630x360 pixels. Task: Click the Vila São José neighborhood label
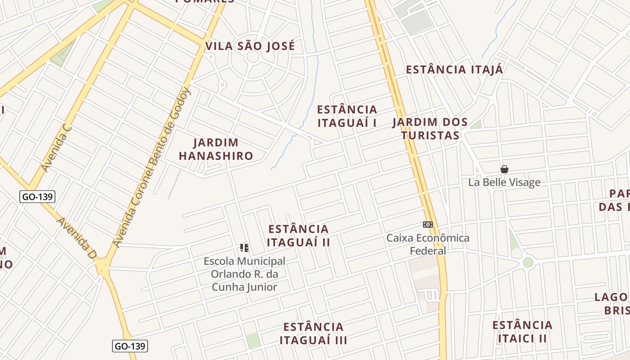point(250,46)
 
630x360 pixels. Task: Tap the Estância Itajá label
point(454,70)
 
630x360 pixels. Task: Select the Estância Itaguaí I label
point(347,116)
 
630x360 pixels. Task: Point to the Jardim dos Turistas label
point(430,129)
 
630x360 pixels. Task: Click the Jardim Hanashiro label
point(216,149)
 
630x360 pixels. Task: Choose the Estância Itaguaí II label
point(298,235)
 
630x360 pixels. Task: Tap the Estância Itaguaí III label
point(313,333)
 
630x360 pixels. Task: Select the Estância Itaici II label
point(522,331)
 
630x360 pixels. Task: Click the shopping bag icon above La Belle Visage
point(504,169)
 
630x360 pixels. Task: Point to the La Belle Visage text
point(504,182)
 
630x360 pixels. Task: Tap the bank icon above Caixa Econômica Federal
point(428,224)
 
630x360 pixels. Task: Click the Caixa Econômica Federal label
point(428,244)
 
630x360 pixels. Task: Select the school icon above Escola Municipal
point(244,247)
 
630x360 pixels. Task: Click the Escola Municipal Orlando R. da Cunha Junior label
point(244,274)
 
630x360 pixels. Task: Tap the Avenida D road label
point(77,238)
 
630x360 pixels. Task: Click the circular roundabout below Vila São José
point(253,57)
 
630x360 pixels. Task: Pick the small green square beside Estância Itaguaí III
point(253,340)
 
